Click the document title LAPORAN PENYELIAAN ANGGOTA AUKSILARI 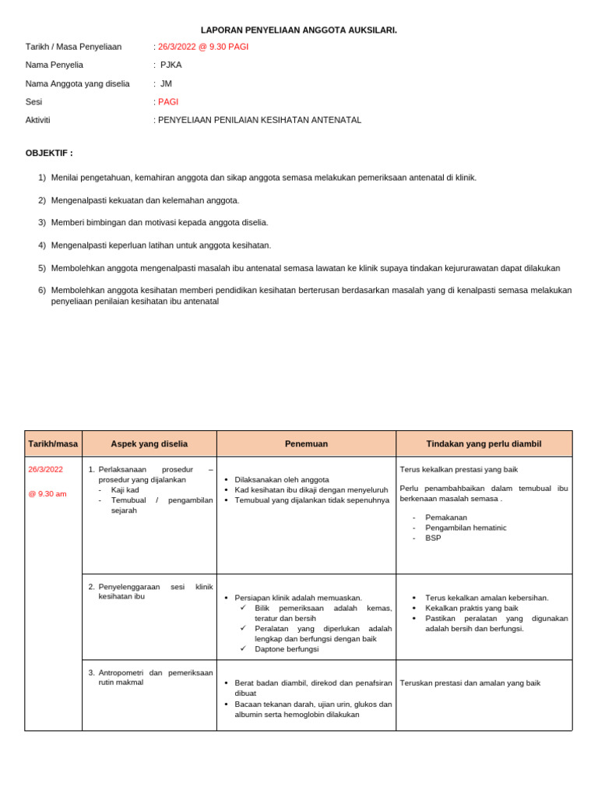point(299,30)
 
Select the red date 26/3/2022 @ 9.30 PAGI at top point(203,47)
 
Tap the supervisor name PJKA point(171,65)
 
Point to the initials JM point(166,83)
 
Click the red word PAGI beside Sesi point(168,102)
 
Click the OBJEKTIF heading point(49,153)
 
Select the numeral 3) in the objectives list point(42,222)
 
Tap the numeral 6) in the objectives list point(42,290)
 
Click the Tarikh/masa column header point(53,443)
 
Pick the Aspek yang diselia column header point(149,443)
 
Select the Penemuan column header point(306,443)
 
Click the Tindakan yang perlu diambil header point(484,443)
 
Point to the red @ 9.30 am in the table point(47,493)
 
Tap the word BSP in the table point(433,538)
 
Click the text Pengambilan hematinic point(466,528)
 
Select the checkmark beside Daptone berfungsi point(244,648)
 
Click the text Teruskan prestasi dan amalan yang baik point(470,683)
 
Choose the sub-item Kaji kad point(125,489)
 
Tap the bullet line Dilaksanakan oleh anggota point(281,479)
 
